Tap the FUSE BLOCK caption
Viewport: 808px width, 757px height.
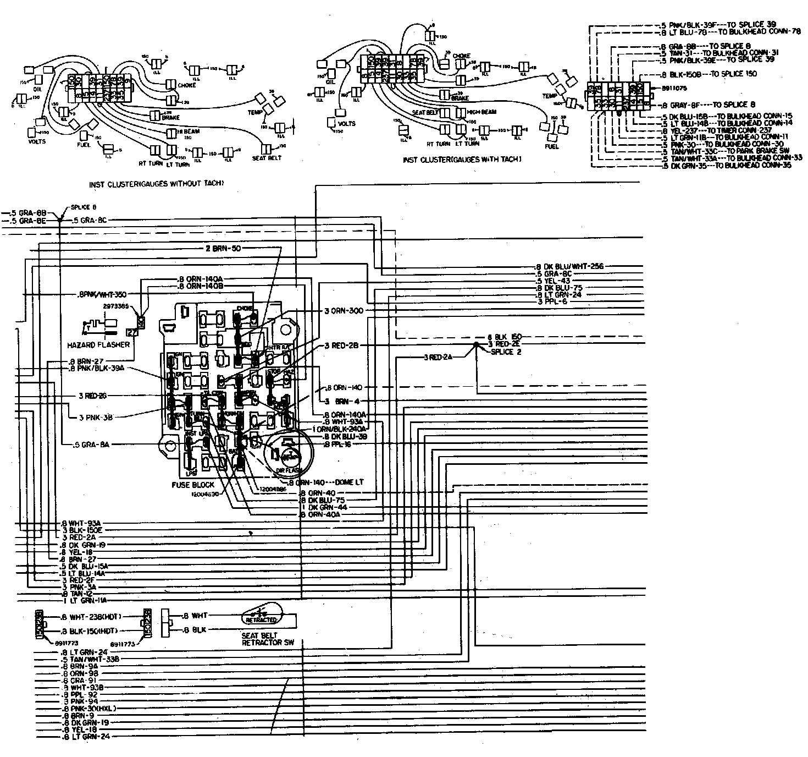[192, 485]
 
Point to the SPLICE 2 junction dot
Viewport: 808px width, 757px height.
[475, 344]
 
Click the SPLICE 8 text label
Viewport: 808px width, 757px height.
[84, 207]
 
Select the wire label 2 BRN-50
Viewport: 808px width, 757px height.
[224, 249]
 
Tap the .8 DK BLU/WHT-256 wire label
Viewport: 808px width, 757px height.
[569, 266]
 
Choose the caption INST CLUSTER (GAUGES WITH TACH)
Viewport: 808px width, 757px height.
[462, 159]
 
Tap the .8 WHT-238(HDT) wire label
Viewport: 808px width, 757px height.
[91, 617]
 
